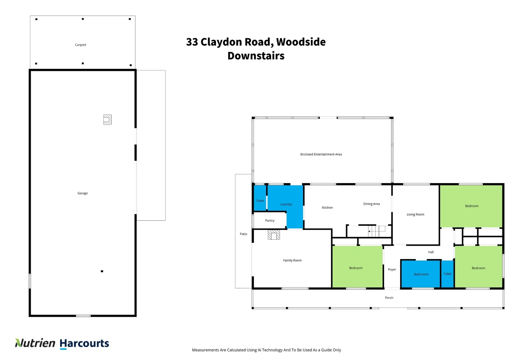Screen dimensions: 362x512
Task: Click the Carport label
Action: (80, 45)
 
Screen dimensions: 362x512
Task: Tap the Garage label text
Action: (82, 193)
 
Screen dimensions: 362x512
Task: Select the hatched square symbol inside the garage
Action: (107, 120)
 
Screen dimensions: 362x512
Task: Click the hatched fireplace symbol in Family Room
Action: (274, 235)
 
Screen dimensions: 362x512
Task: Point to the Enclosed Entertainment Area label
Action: (321, 155)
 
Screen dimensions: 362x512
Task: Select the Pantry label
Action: (270, 221)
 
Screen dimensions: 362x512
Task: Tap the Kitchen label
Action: (327, 208)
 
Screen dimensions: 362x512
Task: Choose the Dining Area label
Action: (371, 204)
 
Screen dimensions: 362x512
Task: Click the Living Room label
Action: (415, 215)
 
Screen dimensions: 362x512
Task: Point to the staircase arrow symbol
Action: (369, 231)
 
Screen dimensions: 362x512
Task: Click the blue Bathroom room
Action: (421, 274)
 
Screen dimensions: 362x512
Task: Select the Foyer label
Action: (392, 269)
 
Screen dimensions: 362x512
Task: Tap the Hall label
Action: (431, 252)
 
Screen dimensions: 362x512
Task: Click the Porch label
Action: (389, 298)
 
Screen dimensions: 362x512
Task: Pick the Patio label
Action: (243, 234)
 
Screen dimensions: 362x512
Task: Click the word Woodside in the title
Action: (301, 42)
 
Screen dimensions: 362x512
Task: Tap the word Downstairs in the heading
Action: (256, 56)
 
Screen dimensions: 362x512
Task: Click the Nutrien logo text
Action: (36, 343)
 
